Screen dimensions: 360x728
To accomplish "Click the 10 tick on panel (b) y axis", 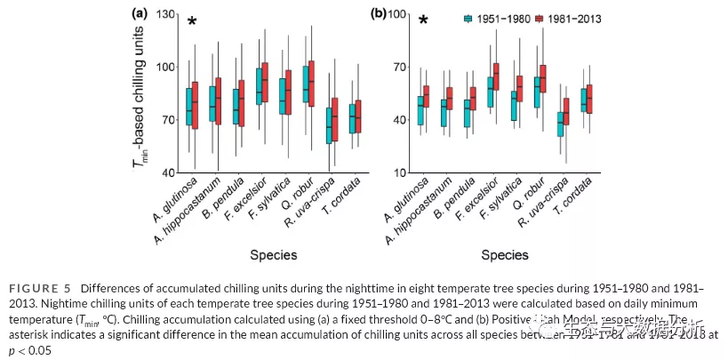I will (399, 172).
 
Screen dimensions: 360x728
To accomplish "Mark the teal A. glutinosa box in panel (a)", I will (189, 107).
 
